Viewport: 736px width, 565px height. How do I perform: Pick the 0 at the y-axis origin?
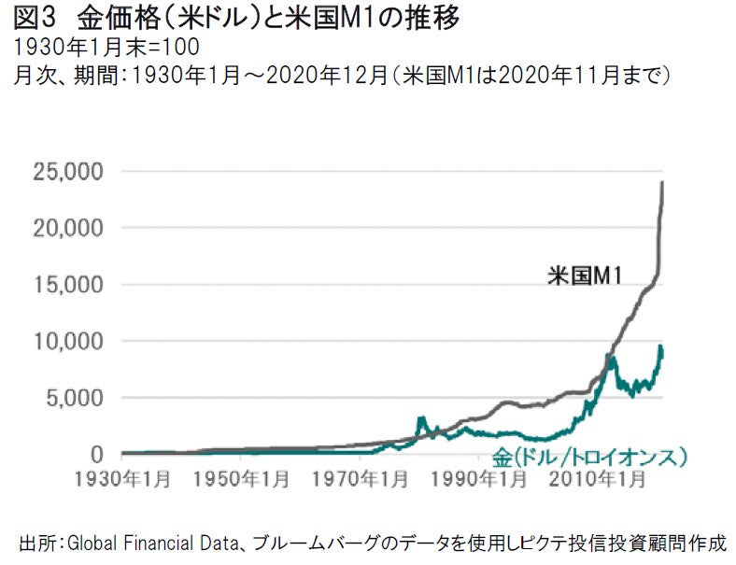coord(96,455)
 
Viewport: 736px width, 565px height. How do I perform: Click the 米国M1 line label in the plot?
coord(585,275)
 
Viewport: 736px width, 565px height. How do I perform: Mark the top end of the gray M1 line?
coord(663,181)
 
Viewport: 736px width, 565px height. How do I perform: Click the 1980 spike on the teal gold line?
coord(421,417)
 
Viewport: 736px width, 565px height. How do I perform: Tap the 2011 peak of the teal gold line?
coord(612,357)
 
